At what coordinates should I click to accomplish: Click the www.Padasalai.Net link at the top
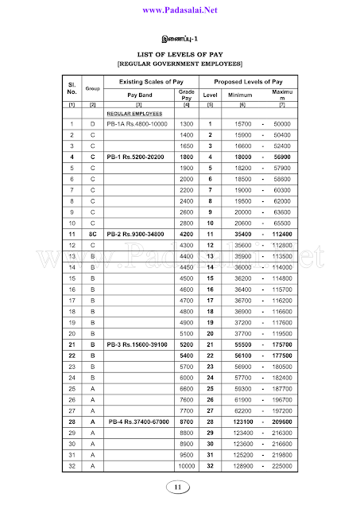click(180, 10)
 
